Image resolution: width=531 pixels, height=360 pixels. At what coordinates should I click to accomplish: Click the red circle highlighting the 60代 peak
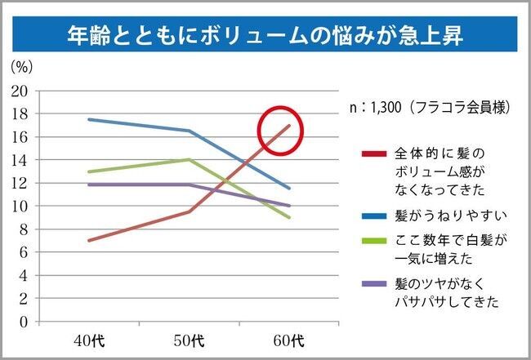(280, 130)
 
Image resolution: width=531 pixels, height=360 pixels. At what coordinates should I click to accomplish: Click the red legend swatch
(373, 153)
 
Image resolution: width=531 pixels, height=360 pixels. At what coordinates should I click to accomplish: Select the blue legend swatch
(373, 216)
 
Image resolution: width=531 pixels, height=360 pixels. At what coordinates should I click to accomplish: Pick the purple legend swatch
(373, 285)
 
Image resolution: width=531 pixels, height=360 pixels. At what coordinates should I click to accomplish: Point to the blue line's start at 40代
(89, 119)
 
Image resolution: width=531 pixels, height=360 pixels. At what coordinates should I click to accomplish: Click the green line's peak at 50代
(190, 160)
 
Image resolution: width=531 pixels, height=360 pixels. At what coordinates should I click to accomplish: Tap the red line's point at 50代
(190, 212)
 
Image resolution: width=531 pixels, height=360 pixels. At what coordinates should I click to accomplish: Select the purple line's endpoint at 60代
(289, 206)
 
